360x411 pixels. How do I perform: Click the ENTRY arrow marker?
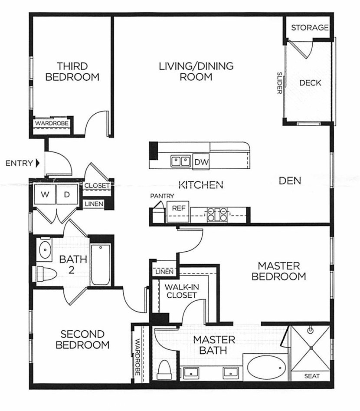(37, 163)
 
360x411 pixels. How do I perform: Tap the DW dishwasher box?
(201, 162)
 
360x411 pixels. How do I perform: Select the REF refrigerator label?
(178, 208)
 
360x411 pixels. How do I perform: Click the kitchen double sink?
(180, 161)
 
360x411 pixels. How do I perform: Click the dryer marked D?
(67, 194)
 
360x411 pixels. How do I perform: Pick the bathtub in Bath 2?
(100, 264)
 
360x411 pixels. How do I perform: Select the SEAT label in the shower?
(312, 376)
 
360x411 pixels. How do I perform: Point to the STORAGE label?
(310, 27)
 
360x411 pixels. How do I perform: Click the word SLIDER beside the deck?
(279, 83)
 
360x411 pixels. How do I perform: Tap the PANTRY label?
(162, 196)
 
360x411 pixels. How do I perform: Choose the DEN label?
(290, 181)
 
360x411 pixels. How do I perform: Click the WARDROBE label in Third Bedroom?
(52, 123)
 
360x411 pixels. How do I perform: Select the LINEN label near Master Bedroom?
(164, 272)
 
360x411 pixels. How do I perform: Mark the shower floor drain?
(311, 348)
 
